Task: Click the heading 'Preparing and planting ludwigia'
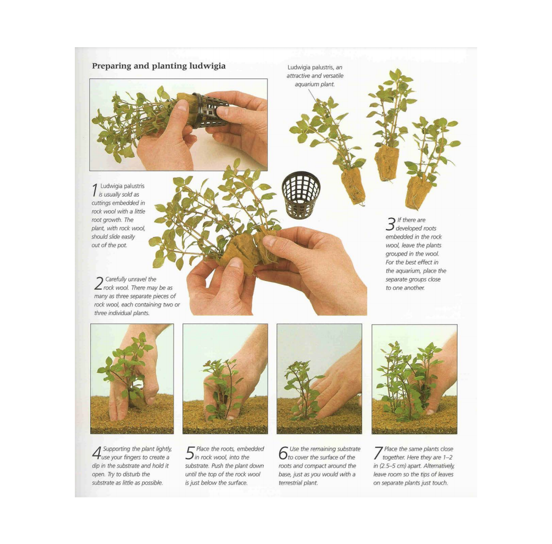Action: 159,66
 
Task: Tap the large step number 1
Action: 95,189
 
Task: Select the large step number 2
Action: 98,284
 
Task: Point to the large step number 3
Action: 390,225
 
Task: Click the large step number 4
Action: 97,453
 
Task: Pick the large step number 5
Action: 190,453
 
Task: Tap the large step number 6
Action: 283,453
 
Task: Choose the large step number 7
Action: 378,453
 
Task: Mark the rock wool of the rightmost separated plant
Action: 419,192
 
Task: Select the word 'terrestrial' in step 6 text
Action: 293,483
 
